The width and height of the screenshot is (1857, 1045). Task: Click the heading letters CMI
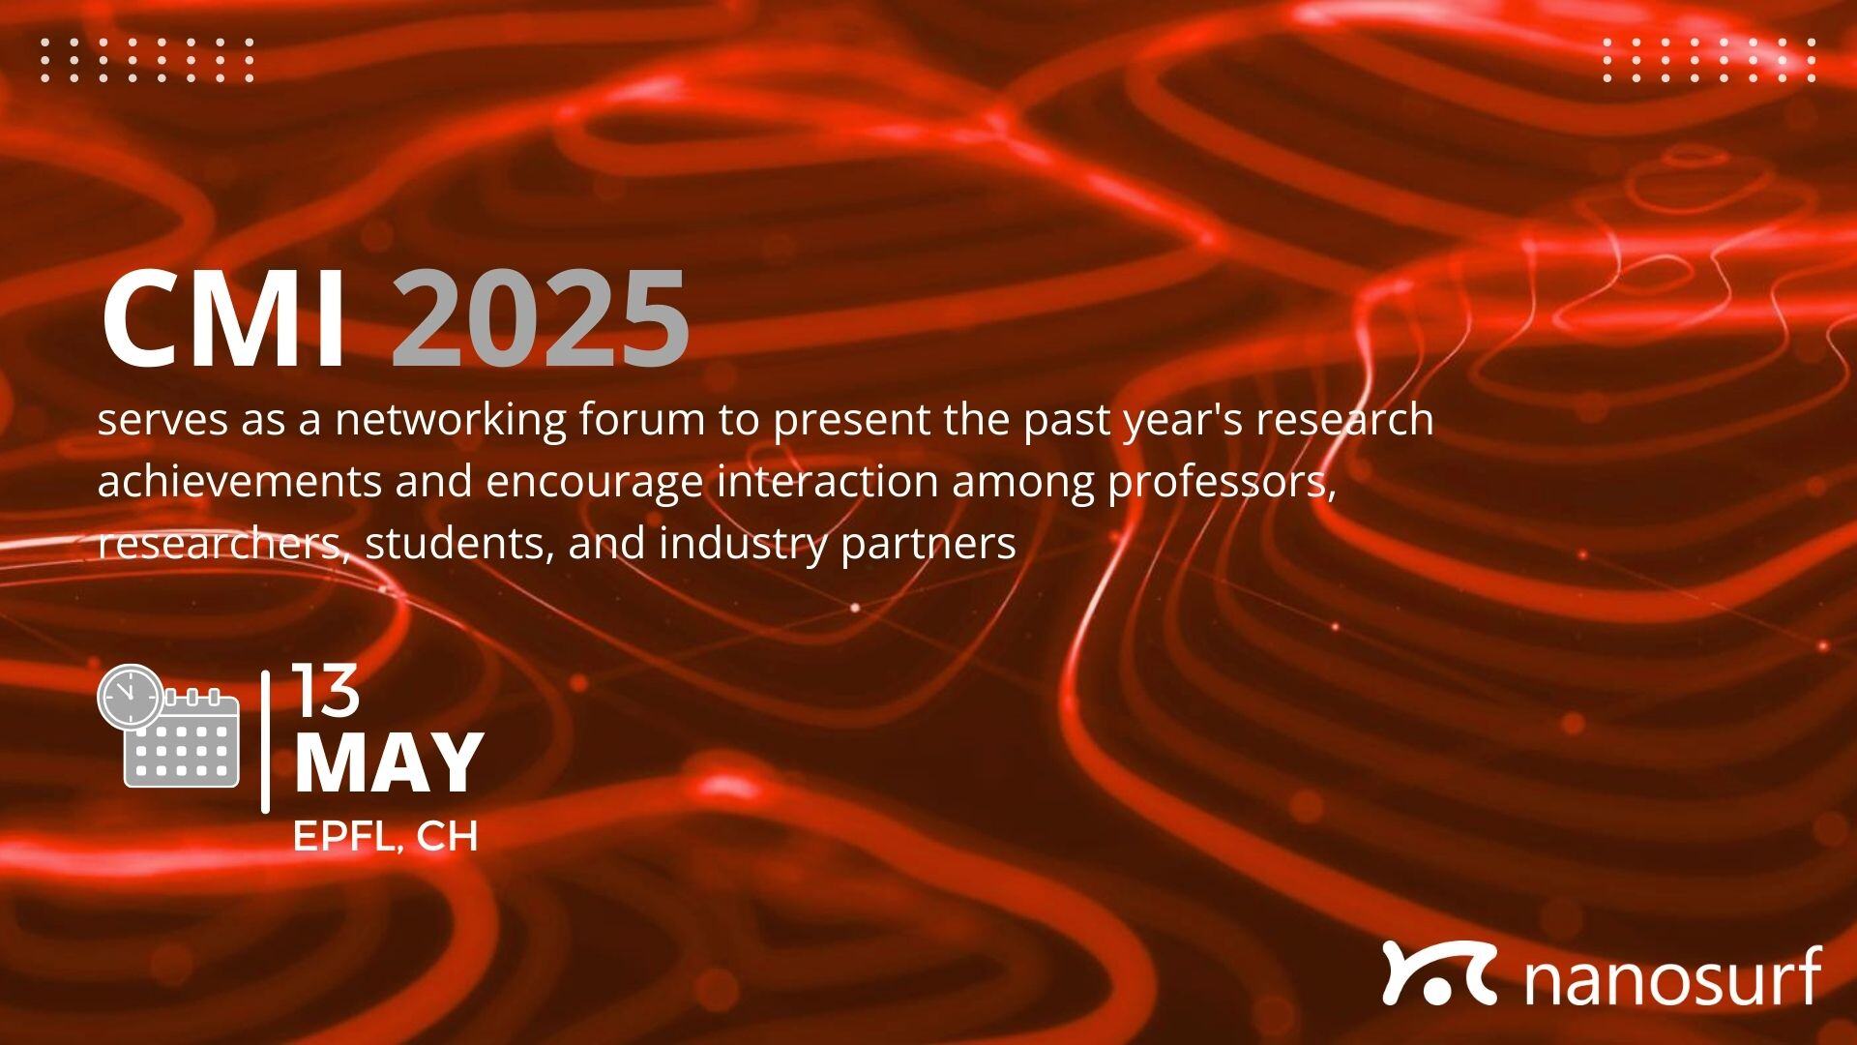click(223, 319)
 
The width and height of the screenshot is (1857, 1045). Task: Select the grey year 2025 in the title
click(541, 319)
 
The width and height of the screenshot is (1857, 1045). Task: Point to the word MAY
click(388, 762)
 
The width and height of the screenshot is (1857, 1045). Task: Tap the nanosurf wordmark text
click(1672, 976)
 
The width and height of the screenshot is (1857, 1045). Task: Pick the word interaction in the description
click(827, 482)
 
